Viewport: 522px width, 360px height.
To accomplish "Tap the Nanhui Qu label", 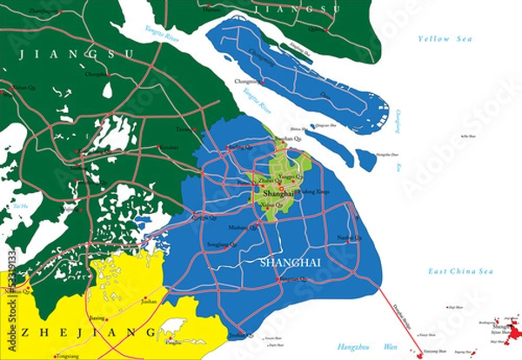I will [348, 237].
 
